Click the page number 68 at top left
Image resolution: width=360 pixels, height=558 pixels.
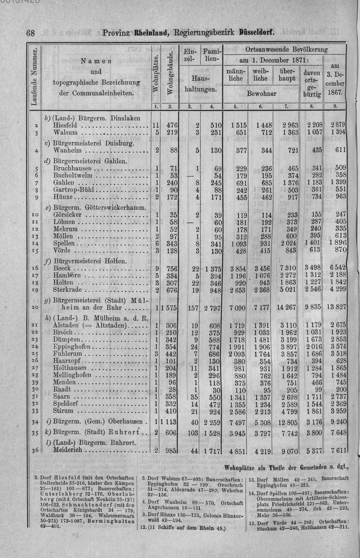30,33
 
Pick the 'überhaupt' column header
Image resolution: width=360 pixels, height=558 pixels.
287,75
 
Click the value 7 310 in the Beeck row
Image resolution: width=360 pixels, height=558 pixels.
288,268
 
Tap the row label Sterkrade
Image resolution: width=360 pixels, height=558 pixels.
67,290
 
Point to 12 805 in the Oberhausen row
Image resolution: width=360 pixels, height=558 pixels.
285,422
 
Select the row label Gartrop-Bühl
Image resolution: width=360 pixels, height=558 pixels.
73,189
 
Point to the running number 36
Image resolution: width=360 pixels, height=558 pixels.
35,450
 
